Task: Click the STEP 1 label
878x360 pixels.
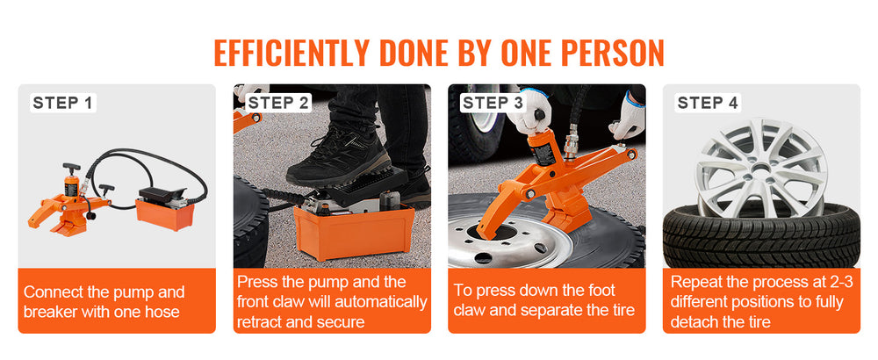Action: tap(62, 103)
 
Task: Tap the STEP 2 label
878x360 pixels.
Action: tap(277, 103)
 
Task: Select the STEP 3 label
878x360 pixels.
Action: tap(493, 103)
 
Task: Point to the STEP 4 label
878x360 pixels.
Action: tap(708, 103)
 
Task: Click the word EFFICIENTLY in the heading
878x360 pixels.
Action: tap(291, 54)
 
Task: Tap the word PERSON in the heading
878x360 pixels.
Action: tap(612, 54)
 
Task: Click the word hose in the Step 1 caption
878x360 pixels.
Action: tap(162, 312)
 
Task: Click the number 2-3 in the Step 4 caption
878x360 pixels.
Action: tap(838, 282)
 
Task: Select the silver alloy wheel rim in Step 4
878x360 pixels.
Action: tap(761, 168)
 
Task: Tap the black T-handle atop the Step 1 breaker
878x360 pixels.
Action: tap(72, 168)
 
